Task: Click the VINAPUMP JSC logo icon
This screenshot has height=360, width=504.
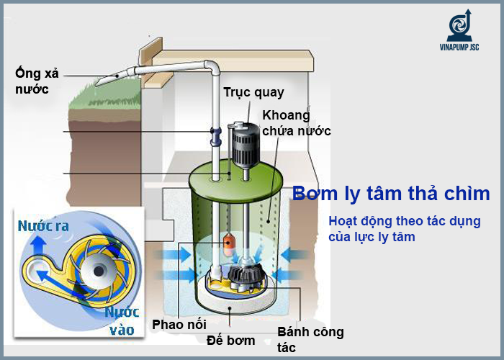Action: [458, 25]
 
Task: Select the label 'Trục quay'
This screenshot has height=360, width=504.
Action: [253, 92]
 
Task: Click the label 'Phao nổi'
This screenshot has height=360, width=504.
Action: [179, 324]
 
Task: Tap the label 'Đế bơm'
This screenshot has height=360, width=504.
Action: [230, 339]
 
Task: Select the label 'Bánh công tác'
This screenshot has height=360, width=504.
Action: [310, 339]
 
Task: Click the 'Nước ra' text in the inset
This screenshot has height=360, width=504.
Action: [43, 226]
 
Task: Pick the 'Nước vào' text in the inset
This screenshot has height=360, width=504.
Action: [122, 321]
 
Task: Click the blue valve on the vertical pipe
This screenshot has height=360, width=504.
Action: [214, 134]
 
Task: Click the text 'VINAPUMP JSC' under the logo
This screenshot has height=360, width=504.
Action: [459, 48]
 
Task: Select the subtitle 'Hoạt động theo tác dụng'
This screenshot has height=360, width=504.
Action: [404, 222]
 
